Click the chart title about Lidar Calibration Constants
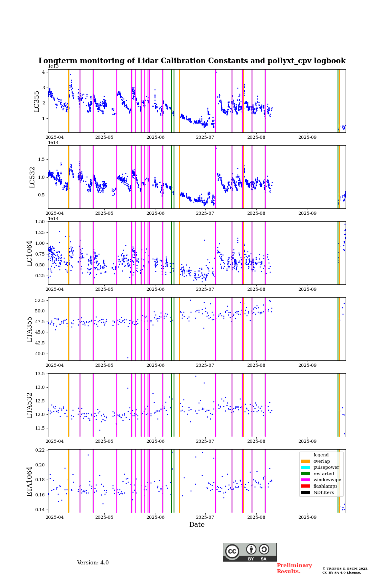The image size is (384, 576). coord(192,61)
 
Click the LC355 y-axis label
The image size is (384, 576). coord(37,101)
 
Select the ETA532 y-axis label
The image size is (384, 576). coord(30,405)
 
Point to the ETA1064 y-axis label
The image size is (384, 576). coord(30,481)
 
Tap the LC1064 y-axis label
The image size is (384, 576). coord(30,253)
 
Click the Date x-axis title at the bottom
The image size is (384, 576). coord(197,525)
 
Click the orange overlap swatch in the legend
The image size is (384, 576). coord(306,461)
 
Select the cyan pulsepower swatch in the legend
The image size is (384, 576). coord(306,468)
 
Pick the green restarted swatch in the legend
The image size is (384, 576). coord(306,474)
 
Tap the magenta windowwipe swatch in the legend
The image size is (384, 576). coord(306,480)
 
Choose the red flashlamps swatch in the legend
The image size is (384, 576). coord(306,486)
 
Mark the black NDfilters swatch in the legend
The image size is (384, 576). coord(306,492)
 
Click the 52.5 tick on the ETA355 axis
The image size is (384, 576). coord(39,300)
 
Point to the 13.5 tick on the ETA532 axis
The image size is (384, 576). coord(40,374)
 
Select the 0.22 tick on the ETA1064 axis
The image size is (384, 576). coord(40,450)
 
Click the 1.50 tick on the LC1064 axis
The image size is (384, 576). coord(40,222)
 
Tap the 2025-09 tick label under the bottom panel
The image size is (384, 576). coord(307,517)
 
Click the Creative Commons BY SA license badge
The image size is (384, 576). coord(250,552)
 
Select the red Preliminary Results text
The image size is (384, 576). coord(294,568)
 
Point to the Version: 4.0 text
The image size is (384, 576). coord(93,563)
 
